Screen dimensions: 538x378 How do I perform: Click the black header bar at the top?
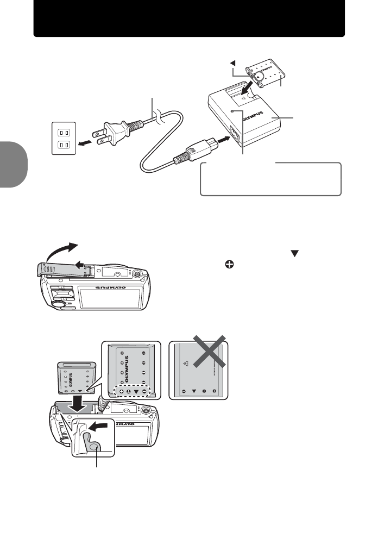(x=189, y=18)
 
